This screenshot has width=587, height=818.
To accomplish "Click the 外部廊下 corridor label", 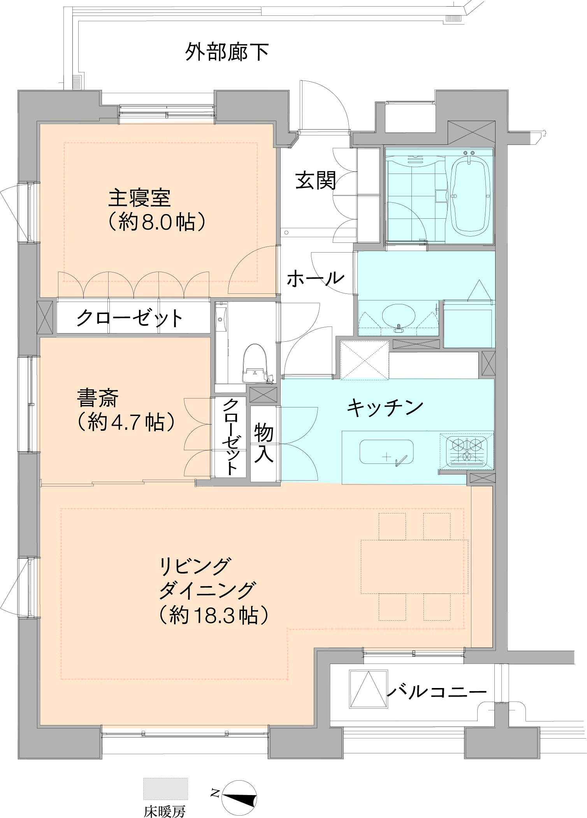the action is click(227, 52).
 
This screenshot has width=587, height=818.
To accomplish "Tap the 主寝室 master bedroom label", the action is click(139, 198).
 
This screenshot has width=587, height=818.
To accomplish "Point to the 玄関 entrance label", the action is click(315, 181).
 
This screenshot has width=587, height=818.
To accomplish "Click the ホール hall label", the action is click(315, 279).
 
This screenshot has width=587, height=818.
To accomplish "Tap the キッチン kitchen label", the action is click(385, 407).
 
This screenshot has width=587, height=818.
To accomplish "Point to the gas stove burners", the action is click(466, 451).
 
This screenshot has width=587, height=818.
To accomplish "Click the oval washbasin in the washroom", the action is click(398, 316).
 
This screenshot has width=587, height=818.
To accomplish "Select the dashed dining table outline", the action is click(414, 567).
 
